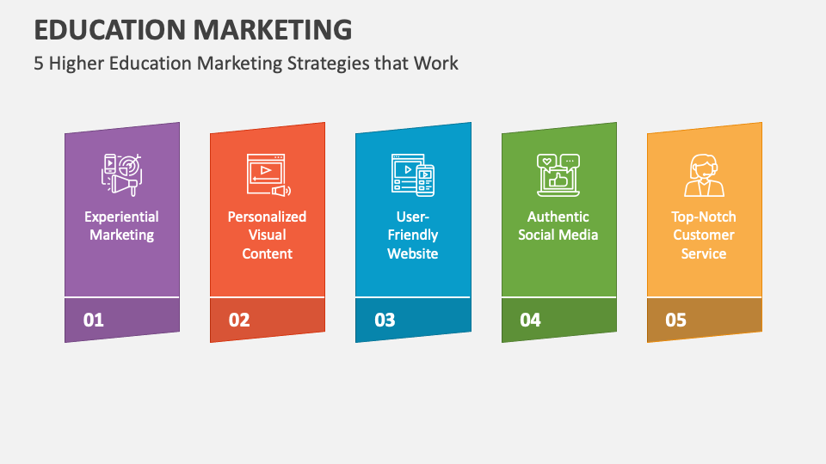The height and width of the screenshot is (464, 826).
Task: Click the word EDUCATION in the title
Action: point(109,28)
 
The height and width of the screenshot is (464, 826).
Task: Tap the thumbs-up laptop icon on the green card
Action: point(558,174)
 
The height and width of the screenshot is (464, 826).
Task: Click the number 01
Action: point(93,321)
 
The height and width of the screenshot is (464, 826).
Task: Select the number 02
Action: point(239,321)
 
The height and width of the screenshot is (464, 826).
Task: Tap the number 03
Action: point(385,321)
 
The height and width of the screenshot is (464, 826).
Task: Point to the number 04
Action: point(530,321)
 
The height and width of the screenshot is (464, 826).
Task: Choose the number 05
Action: point(675,321)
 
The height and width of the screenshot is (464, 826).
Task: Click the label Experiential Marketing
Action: point(121,226)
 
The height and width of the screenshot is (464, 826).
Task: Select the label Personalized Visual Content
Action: point(267,235)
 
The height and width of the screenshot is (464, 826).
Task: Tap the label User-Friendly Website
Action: point(413,235)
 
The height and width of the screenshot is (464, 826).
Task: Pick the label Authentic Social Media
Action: point(558,226)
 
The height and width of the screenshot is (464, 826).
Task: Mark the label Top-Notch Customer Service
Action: point(704,235)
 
